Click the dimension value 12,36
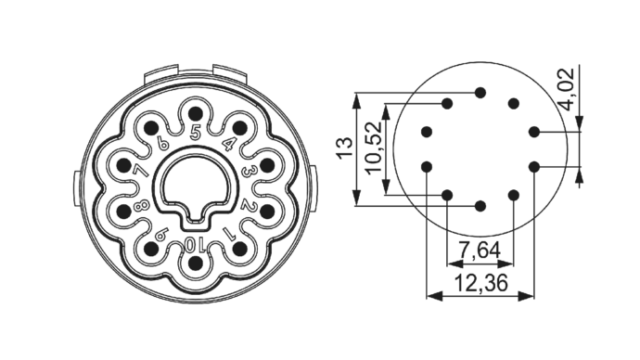[x=480, y=282]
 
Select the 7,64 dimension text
[x=480, y=250]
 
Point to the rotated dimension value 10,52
[x=375, y=148]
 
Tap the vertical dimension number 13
[x=344, y=148]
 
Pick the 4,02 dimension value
[x=567, y=89]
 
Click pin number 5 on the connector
[x=196, y=133]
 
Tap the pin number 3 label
[x=247, y=171]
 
